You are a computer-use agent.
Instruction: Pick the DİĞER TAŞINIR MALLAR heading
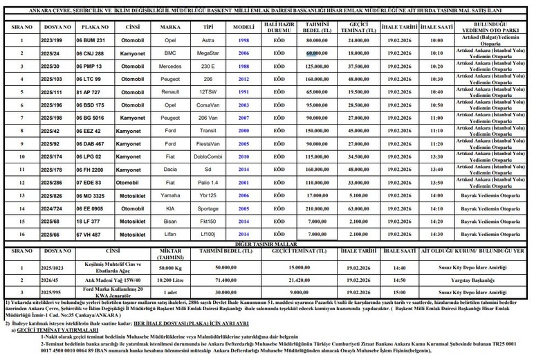tap(267, 244)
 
